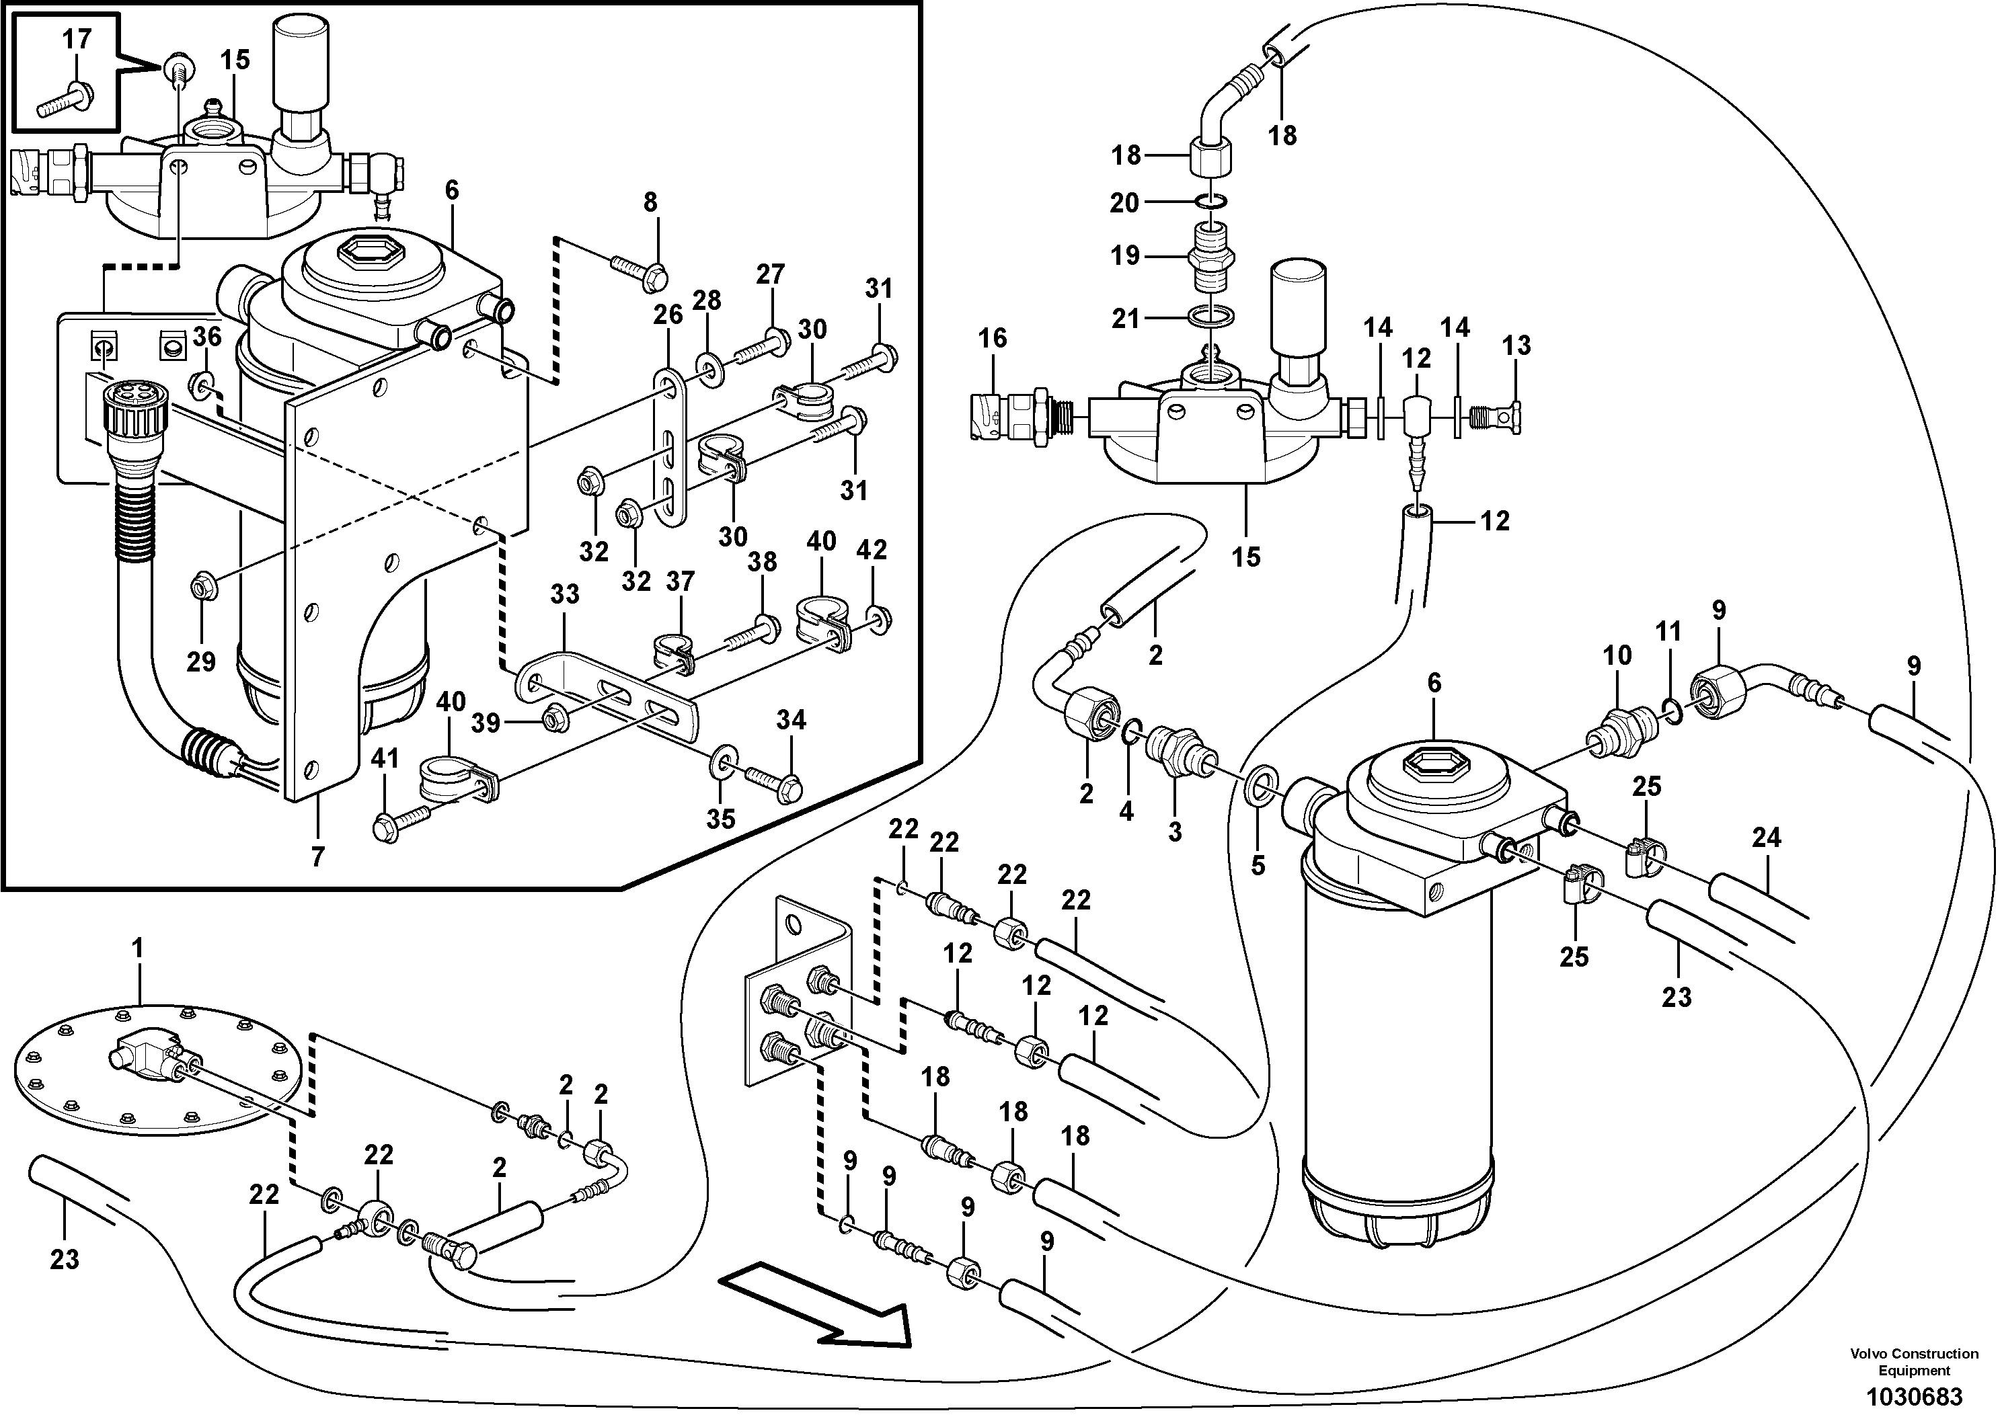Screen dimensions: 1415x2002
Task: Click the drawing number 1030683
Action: tap(1914, 1396)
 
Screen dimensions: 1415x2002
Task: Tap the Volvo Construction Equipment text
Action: tap(1914, 1361)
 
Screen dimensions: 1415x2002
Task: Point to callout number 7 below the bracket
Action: tap(317, 857)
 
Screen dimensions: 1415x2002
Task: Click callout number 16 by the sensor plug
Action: tap(993, 338)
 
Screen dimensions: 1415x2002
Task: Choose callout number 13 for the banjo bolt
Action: tap(1516, 346)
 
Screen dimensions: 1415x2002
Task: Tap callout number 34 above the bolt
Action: tap(791, 720)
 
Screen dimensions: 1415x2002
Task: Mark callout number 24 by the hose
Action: tap(1766, 838)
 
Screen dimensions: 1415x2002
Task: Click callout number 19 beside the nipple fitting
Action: tap(1125, 255)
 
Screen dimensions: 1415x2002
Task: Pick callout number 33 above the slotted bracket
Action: tap(564, 595)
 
